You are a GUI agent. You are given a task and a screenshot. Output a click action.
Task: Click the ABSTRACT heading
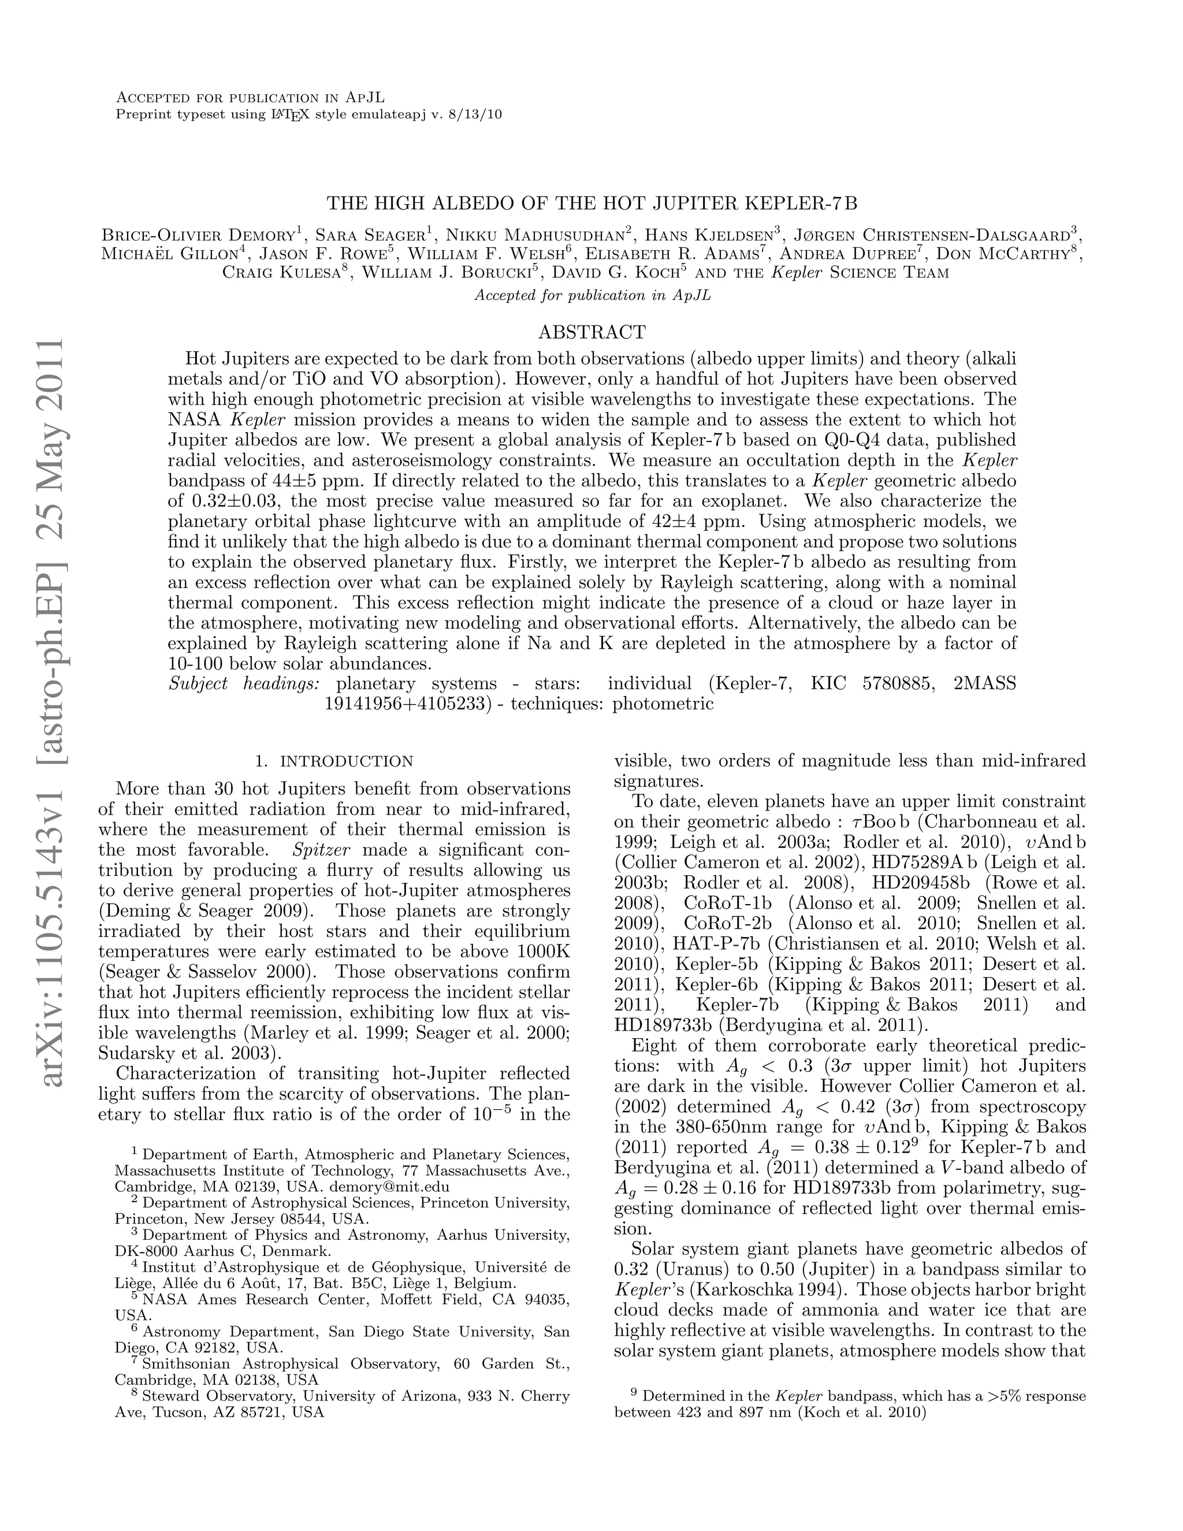click(x=591, y=332)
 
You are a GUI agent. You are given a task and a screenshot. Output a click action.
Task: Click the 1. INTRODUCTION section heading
click(x=334, y=761)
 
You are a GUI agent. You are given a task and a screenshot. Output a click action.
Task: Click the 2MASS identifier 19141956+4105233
click(x=406, y=704)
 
